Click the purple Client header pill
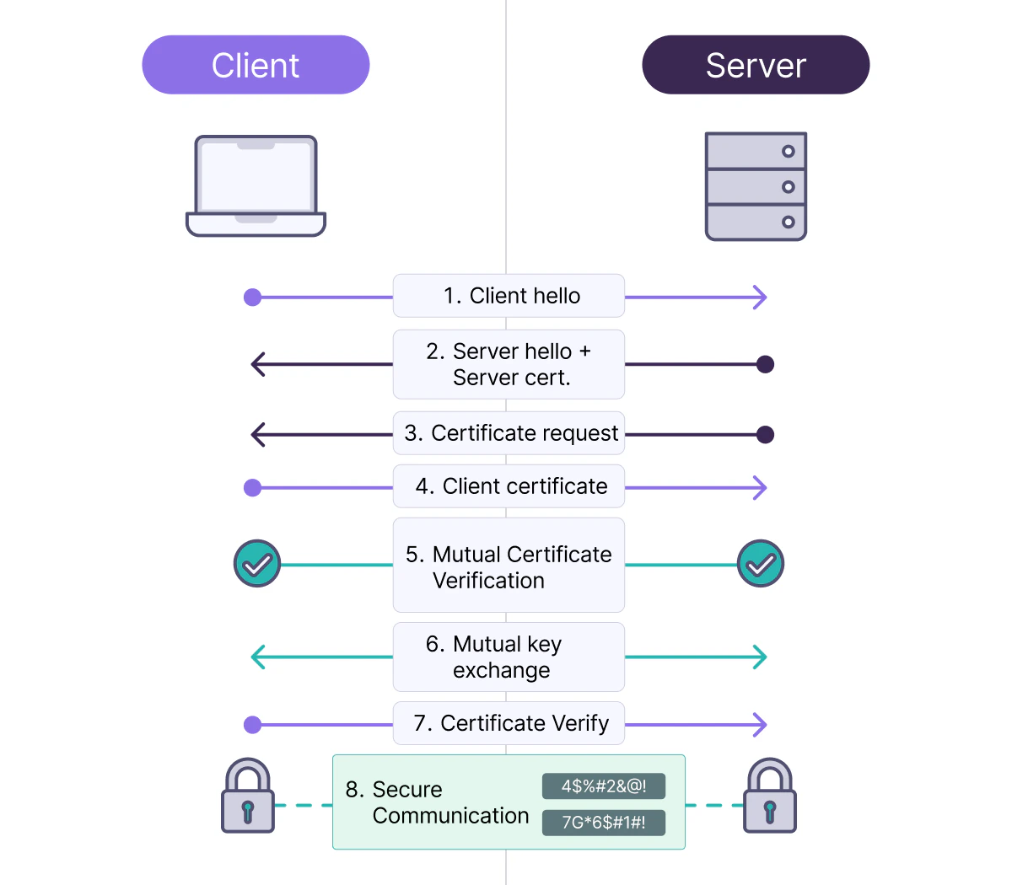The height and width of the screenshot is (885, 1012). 256,65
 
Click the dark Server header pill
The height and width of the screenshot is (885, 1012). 756,65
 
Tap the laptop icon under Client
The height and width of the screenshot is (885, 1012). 256,186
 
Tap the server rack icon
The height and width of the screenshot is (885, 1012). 756,186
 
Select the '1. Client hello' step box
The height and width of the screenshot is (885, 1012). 509,296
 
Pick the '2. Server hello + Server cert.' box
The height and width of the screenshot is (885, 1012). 509,364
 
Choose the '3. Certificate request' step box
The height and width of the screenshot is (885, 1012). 509,433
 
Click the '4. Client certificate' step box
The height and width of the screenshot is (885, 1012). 509,486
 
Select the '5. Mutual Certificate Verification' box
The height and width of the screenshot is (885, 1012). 509,565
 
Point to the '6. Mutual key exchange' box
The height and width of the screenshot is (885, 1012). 509,657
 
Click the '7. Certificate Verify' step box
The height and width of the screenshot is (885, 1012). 509,723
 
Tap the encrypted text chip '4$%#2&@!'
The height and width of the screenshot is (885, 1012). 604,786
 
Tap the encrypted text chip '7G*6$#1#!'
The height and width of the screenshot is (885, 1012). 604,823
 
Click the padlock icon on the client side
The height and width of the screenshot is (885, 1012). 248,796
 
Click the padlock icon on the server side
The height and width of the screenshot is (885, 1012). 769,796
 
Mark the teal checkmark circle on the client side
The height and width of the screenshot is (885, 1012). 257,564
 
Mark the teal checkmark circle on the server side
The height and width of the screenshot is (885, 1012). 761,564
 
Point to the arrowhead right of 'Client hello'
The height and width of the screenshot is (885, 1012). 760,297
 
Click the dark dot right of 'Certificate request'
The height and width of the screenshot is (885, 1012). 765,435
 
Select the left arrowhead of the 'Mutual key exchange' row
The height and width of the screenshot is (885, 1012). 258,657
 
